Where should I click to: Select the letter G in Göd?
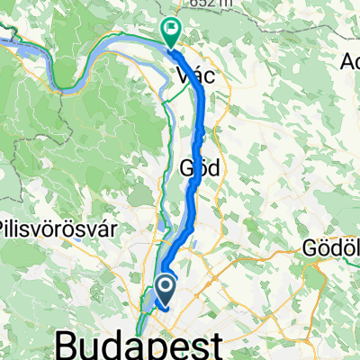187,167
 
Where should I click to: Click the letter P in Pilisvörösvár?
6,229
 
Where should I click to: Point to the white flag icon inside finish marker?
171,29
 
